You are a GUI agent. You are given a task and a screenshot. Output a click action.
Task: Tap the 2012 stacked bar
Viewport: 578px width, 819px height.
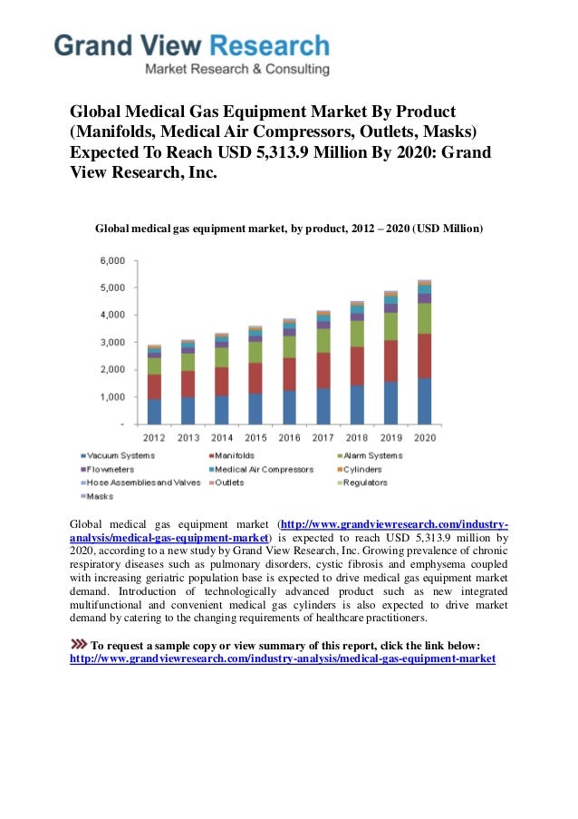[x=154, y=385]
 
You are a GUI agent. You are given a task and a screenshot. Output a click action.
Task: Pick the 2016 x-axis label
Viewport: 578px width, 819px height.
[x=289, y=437]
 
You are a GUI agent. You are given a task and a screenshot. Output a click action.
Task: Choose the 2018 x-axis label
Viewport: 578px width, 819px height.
[x=357, y=437]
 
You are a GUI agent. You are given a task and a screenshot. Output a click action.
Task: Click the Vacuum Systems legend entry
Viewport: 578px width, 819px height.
[x=117, y=455]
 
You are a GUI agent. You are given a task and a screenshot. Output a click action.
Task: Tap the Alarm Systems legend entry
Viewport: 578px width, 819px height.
[x=371, y=455]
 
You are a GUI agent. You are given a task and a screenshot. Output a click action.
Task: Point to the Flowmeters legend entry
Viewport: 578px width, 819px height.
[x=111, y=469]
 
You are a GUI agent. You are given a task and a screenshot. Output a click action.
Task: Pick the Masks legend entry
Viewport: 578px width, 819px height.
[x=101, y=496]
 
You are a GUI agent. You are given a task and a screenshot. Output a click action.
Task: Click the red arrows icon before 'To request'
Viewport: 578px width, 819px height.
[x=79, y=645]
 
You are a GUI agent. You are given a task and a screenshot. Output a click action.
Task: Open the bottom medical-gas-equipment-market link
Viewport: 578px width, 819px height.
[x=283, y=659]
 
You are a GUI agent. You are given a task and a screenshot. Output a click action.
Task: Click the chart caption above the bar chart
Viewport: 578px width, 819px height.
[x=289, y=229]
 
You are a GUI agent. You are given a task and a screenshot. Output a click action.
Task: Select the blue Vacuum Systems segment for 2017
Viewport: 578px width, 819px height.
[x=323, y=405]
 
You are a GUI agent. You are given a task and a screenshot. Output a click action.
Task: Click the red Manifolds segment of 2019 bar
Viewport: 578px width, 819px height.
[x=390, y=360]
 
